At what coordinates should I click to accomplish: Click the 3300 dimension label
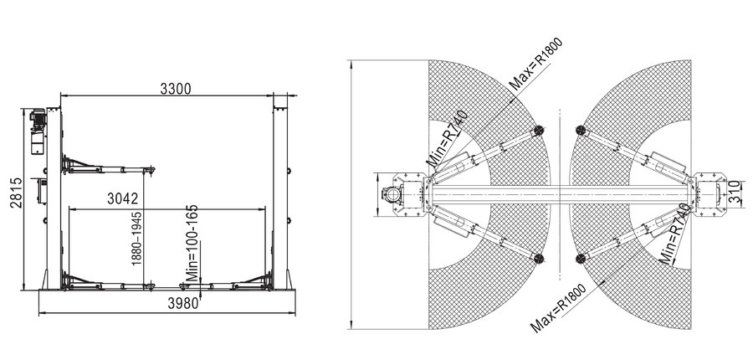click(176, 89)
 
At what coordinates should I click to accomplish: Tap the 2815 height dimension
click(16, 193)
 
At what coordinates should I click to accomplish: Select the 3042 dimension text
click(122, 198)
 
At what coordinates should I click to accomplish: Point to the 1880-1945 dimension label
click(137, 239)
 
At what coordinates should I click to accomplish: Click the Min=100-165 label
click(192, 243)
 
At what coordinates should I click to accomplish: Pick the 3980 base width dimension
click(183, 303)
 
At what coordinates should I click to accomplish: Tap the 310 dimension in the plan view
click(734, 192)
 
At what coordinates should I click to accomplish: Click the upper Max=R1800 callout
click(535, 64)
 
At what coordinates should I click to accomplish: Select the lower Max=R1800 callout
click(559, 309)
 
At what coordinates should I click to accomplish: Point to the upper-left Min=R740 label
click(447, 138)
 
